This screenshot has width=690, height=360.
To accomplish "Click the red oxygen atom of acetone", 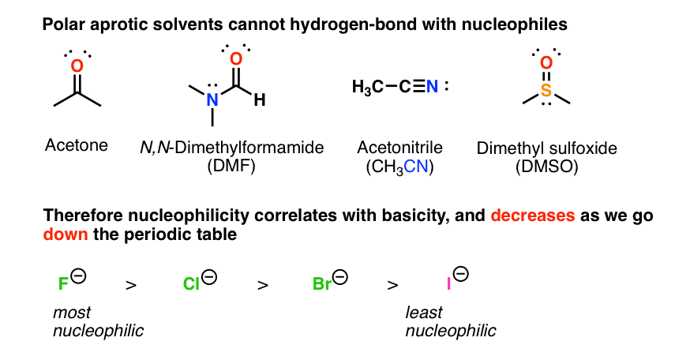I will click(x=77, y=67).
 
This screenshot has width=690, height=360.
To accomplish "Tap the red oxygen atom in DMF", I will click(x=234, y=59).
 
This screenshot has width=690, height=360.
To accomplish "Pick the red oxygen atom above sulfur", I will click(x=546, y=60).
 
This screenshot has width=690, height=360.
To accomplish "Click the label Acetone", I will click(x=77, y=145).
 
